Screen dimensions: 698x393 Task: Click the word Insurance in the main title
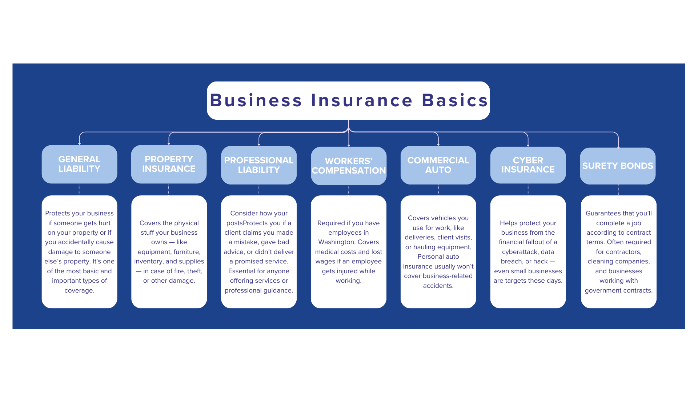pos(362,100)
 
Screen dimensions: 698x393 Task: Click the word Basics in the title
pos(455,100)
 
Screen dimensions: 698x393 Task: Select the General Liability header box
pos(79,164)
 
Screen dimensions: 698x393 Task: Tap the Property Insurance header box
pos(169,164)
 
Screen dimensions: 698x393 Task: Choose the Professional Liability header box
pos(259,165)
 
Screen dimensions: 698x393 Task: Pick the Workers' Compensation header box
pos(349,166)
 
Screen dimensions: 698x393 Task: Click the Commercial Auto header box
pos(438,165)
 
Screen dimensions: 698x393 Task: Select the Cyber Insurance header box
pos(528,165)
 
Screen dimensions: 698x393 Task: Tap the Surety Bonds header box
pos(618,166)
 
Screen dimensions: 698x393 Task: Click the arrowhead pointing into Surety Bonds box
pos(618,147)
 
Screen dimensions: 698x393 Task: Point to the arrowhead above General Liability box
pos(79,144)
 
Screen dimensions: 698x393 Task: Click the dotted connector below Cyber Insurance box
pos(528,190)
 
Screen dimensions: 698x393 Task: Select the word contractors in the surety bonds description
pos(619,252)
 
